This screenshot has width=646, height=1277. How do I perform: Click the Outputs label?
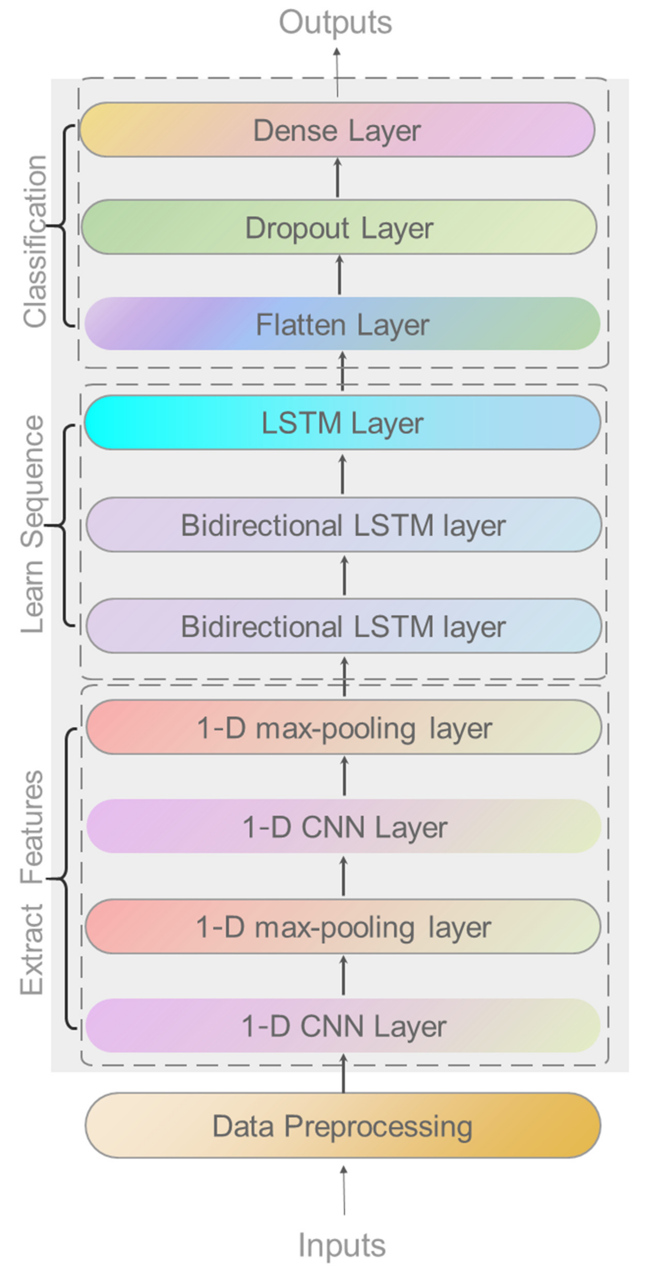pos(335,23)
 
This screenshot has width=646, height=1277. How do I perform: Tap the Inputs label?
pos(342,1245)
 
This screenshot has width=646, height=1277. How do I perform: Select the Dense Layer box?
pos(337,130)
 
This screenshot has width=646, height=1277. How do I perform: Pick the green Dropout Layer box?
pos(339,227)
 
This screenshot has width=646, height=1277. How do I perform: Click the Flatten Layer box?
pos(342,324)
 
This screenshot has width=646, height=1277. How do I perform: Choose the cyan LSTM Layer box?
pos(342,423)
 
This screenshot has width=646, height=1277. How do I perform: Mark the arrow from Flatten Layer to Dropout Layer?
pos(340,275)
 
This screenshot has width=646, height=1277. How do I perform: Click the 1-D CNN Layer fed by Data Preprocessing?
pos(343,1026)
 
